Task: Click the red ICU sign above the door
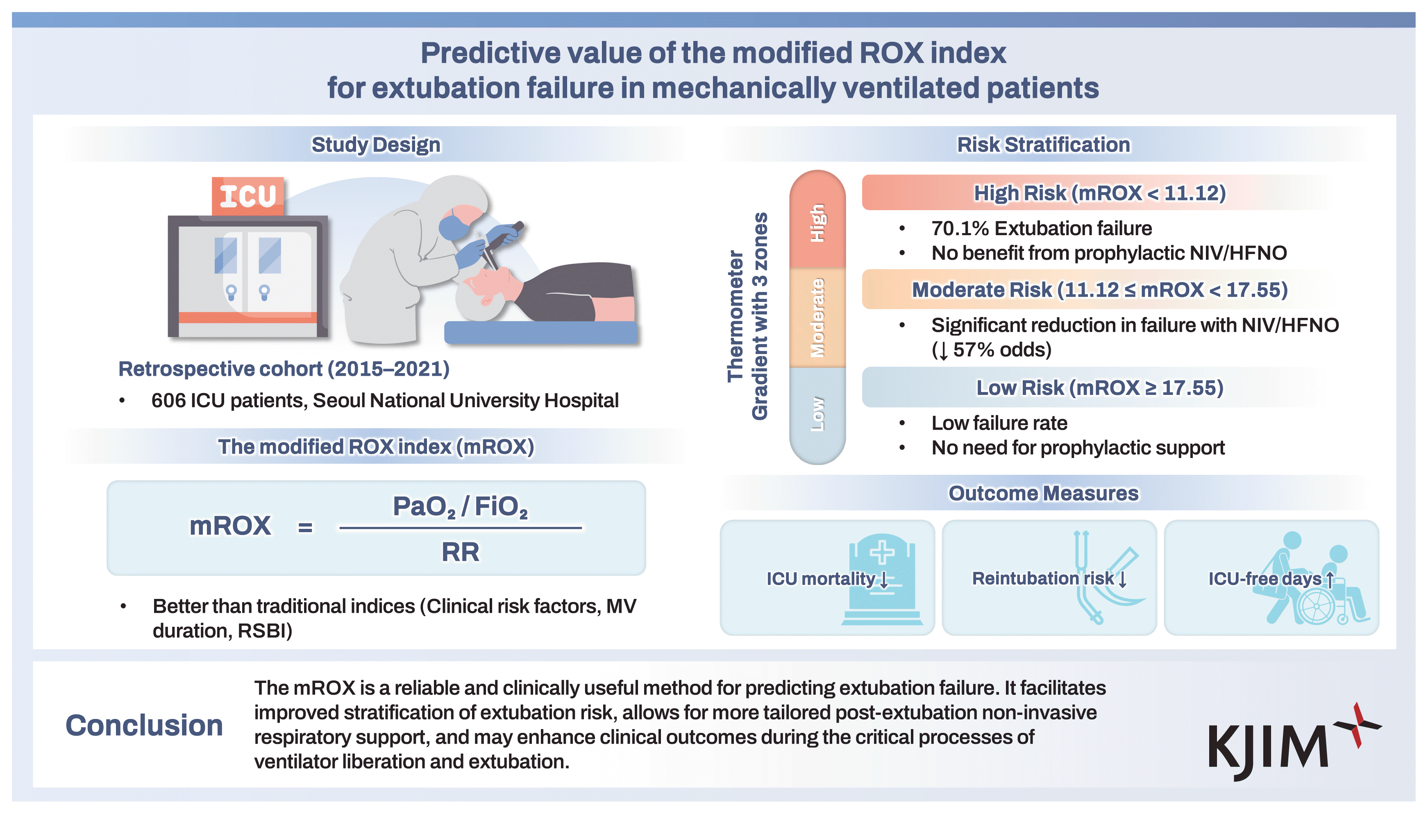[x=247, y=196]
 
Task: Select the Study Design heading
[x=376, y=145]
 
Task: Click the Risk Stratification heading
[x=1043, y=145]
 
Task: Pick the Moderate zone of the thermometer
[x=817, y=317]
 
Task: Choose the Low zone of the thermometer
[x=817, y=414]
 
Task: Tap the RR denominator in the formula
[x=460, y=552]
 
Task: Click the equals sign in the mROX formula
[x=305, y=527]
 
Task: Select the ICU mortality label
[x=820, y=578]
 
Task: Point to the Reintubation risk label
[x=1043, y=578]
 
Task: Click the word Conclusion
[x=144, y=726]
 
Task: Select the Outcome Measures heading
[x=1043, y=493]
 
